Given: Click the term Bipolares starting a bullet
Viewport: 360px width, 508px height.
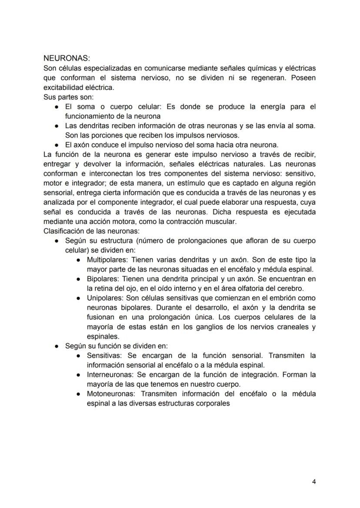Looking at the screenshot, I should (x=100, y=279).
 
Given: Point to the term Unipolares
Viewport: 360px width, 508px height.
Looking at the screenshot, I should (x=101, y=298).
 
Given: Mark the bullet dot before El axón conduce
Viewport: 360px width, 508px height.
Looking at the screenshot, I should (x=57, y=145).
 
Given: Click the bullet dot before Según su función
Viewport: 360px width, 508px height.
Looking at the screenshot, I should (x=57, y=346).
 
